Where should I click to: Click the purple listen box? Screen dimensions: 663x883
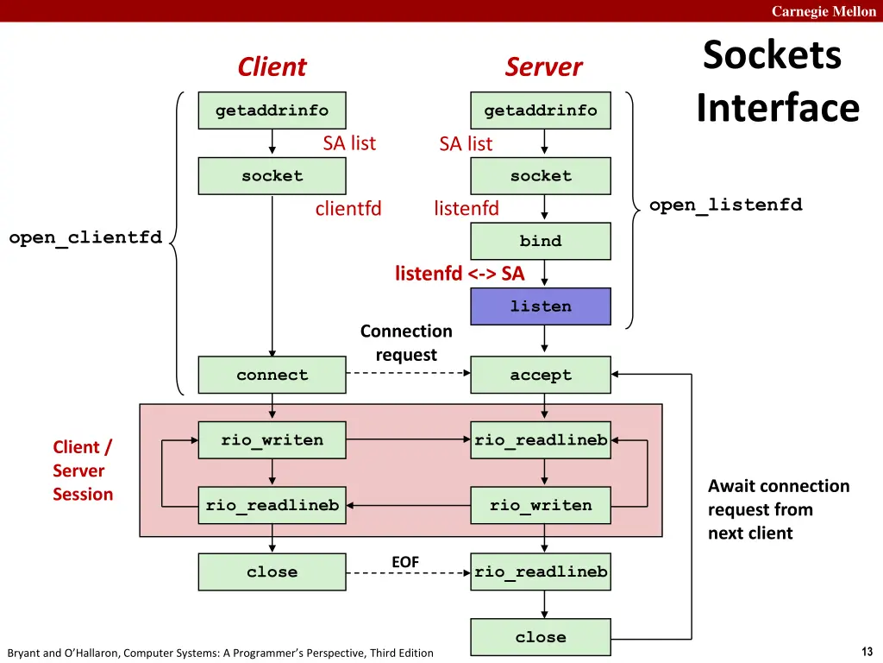coord(541,306)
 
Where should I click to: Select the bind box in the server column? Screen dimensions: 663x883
coord(541,241)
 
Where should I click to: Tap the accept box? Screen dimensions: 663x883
coord(541,375)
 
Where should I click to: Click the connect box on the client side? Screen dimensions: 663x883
coord(272,375)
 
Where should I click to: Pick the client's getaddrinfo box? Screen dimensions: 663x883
coord(272,110)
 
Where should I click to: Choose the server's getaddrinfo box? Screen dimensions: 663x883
coord(541,110)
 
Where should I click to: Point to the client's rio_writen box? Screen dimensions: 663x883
coord(272,440)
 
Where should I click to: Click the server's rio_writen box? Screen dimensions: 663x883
coord(541,505)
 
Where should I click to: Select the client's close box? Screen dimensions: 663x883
coord(272,571)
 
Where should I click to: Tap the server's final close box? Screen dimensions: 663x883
coord(541,637)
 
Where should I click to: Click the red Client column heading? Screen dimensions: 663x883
coord(272,67)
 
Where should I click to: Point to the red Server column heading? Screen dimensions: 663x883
coord(543,67)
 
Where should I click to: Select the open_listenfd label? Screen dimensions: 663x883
coord(725,205)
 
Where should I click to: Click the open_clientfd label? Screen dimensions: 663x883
coord(85,237)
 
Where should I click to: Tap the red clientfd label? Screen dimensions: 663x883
coord(348,208)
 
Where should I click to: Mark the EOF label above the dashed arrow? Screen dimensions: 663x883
coord(405,562)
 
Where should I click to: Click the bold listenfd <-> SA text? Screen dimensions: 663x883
coord(460,274)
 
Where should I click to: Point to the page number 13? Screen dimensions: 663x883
coord(867,651)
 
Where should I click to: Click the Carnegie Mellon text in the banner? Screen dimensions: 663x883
coord(824,11)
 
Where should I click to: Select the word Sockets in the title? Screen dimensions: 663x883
coord(772,55)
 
